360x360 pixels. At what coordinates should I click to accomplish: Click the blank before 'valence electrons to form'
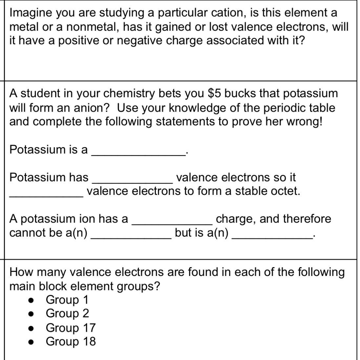46,193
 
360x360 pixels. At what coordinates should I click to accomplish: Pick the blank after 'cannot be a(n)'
131,235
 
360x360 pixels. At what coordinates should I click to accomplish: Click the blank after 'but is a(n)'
272,235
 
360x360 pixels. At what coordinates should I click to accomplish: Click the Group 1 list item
67,300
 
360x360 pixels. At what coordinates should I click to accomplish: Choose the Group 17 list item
71,328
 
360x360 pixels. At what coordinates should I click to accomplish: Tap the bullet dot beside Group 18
32,342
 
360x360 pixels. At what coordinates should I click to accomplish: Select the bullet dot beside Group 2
32,314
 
